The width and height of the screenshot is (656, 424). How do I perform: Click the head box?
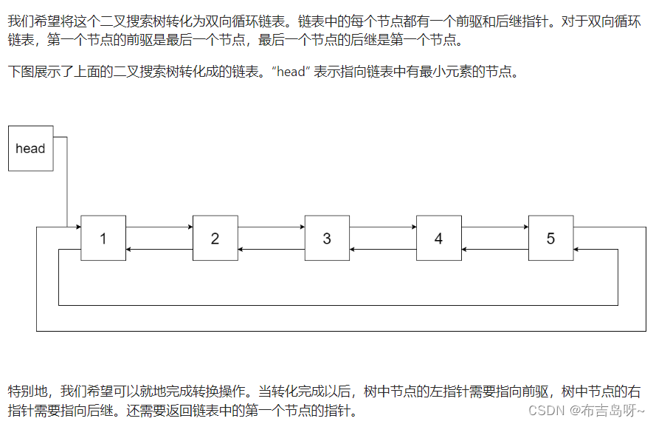pyautogui.click(x=30, y=148)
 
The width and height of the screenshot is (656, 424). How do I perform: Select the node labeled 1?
pyautogui.click(x=103, y=238)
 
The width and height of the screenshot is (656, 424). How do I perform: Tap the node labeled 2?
pyautogui.click(x=215, y=238)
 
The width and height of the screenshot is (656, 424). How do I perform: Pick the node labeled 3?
pyautogui.click(x=327, y=238)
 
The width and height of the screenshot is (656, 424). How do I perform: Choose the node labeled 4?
pyautogui.click(x=438, y=238)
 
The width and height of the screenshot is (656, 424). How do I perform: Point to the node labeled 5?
pyautogui.click(x=550, y=238)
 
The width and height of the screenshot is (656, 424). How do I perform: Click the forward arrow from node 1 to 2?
pyautogui.click(x=159, y=227)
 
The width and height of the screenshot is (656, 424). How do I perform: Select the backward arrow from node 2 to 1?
pyautogui.click(x=159, y=250)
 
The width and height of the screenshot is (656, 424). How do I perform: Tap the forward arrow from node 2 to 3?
pyautogui.click(x=271, y=227)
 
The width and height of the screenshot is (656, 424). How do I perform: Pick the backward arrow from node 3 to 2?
pyautogui.click(x=271, y=250)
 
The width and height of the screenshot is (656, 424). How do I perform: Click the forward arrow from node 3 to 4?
pyautogui.click(x=382, y=227)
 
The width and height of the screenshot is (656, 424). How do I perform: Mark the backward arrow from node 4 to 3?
pyautogui.click(x=382, y=250)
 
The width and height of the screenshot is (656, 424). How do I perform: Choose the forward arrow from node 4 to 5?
pyautogui.click(x=494, y=227)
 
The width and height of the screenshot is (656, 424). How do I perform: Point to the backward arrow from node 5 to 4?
pyautogui.click(x=494, y=250)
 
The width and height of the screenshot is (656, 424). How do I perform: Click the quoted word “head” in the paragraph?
pyautogui.click(x=289, y=72)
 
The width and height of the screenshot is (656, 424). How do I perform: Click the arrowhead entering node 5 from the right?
pyautogui.click(x=577, y=250)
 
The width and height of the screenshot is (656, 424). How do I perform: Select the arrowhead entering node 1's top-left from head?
pyautogui.click(x=77, y=227)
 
